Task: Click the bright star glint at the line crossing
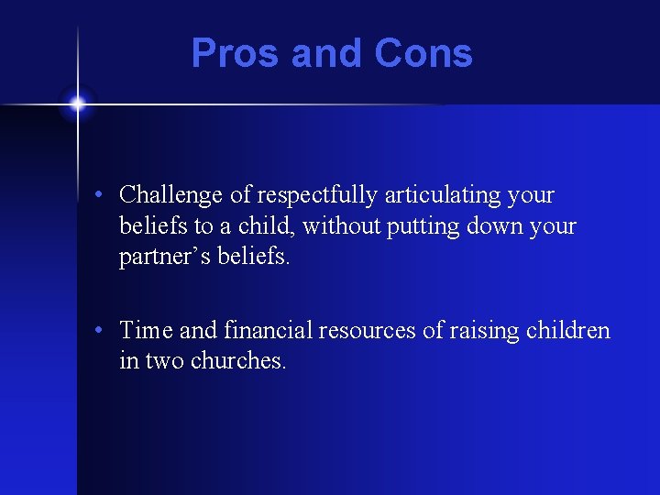[78, 104]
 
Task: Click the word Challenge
[170, 195]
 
